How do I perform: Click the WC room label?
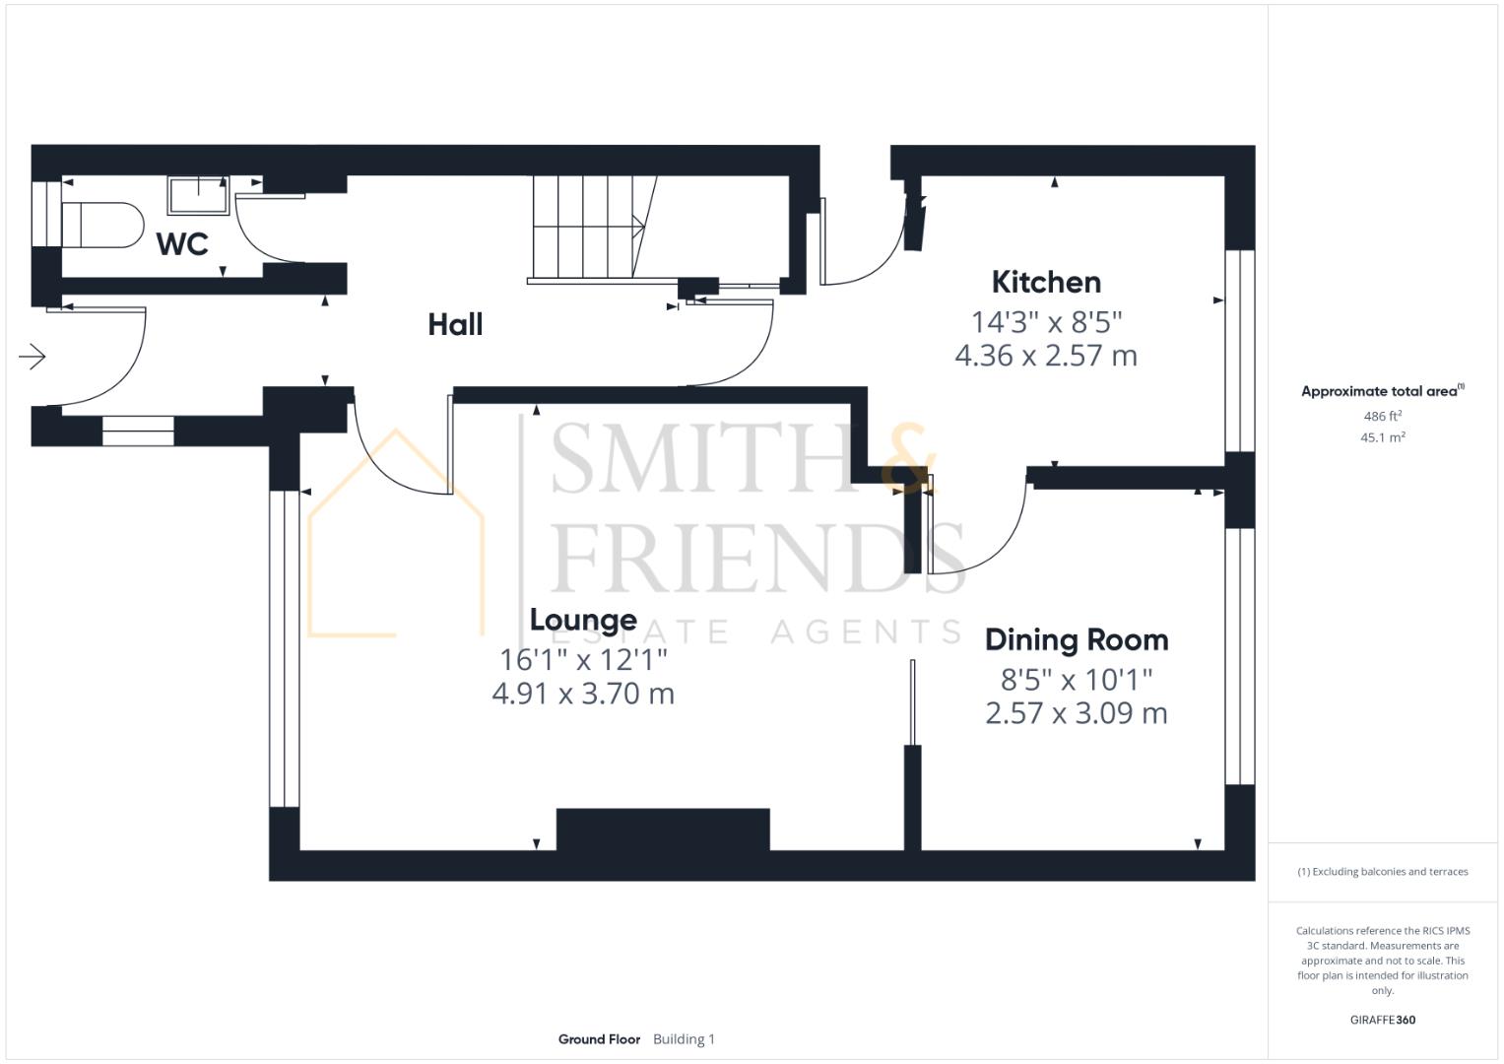pos(182,243)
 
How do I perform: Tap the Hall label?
pos(455,324)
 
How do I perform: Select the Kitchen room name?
pos(1046,282)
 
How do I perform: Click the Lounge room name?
pos(583,620)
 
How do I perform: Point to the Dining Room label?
pos(1077,639)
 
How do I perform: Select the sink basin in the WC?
pos(198,195)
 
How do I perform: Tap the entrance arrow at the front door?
pos(33,356)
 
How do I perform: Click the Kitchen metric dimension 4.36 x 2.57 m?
pos(1046,356)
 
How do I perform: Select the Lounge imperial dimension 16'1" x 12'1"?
pos(583,658)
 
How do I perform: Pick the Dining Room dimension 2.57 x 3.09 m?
pos(1077,713)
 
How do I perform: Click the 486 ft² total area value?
pos(1382,417)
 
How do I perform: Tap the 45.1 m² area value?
pos(1382,437)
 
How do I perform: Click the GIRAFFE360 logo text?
pos(1382,1020)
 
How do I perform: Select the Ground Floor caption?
pos(599,1039)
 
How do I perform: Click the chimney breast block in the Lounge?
pos(663,830)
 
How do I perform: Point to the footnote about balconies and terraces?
pos(1382,872)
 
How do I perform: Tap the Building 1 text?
pos(684,1039)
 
